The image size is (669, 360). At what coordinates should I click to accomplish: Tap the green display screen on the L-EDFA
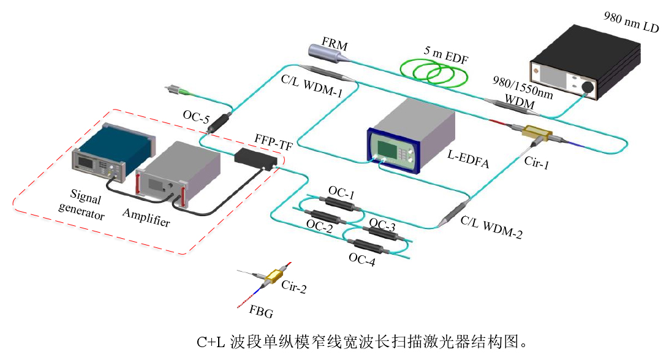[390, 149]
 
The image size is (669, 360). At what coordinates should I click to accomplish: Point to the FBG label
[261, 313]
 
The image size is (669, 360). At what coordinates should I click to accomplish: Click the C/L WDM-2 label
[491, 228]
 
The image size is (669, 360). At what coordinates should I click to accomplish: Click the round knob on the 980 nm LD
[588, 87]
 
